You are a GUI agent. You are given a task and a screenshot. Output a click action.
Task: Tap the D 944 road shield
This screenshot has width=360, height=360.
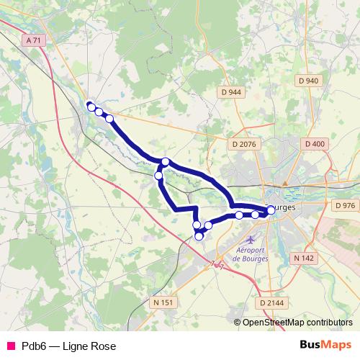point(231,92)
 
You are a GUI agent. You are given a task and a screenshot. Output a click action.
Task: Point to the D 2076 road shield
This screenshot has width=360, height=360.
point(244,144)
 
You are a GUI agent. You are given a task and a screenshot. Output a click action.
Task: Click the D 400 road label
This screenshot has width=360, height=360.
point(315,144)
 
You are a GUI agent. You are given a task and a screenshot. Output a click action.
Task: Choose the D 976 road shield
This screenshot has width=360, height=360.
point(345,205)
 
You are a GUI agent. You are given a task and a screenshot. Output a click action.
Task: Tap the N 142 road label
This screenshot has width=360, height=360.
point(304,257)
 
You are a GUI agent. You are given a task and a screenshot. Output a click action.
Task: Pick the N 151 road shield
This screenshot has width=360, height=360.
point(163,303)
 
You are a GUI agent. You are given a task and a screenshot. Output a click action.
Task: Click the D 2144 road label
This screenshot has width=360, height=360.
point(271,303)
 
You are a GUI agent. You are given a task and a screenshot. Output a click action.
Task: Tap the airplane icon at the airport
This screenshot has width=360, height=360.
point(250,238)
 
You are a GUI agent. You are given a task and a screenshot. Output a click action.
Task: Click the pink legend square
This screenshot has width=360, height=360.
point(10,346)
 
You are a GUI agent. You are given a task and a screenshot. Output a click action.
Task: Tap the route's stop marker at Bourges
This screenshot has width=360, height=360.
point(271,210)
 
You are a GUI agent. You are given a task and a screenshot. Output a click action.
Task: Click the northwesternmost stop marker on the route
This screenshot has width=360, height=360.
point(91,107)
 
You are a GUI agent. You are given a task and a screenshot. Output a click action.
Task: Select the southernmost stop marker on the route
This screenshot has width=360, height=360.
point(199,236)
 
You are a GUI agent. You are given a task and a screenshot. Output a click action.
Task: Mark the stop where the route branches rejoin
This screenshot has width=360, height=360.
point(166,161)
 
